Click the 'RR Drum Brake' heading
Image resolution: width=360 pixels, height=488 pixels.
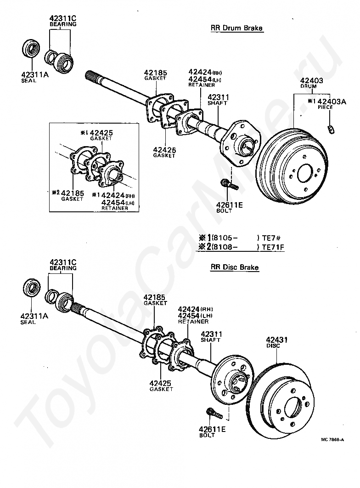[236, 28]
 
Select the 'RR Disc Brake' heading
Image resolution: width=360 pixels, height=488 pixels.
[234, 267]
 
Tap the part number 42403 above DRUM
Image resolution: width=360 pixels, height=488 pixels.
[311, 80]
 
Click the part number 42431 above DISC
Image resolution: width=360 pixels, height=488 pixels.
[277, 340]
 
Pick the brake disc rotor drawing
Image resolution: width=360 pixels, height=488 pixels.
[280, 402]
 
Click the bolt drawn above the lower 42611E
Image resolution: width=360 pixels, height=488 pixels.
[214, 413]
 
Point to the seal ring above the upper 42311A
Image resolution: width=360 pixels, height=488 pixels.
[31, 48]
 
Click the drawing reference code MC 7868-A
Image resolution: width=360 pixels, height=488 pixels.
[332, 439]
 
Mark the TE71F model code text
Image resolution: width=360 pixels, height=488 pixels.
[273, 247]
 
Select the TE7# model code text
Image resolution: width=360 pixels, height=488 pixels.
[271, 238]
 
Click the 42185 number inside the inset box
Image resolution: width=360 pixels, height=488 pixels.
[73, 193]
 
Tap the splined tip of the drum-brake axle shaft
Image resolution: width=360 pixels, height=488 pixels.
[90, 75]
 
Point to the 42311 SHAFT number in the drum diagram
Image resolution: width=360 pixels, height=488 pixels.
[218, 97]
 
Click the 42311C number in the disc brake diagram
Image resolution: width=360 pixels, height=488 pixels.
[63, 262]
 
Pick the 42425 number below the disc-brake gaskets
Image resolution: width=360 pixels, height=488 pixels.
[160, 383]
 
